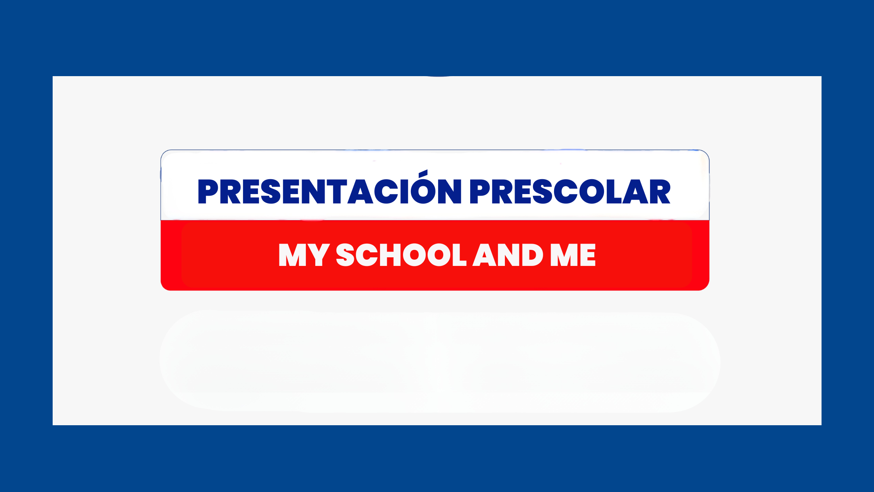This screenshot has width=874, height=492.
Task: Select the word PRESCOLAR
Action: (570, 192)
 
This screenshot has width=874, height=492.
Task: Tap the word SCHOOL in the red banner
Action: (401, 255)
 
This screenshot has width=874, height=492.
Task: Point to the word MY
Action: (304, 255)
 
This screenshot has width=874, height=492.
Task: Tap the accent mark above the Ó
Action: (423, 173)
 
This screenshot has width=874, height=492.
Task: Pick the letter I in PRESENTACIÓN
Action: (404, 192)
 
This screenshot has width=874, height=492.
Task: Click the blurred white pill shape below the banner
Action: (440, 362)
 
